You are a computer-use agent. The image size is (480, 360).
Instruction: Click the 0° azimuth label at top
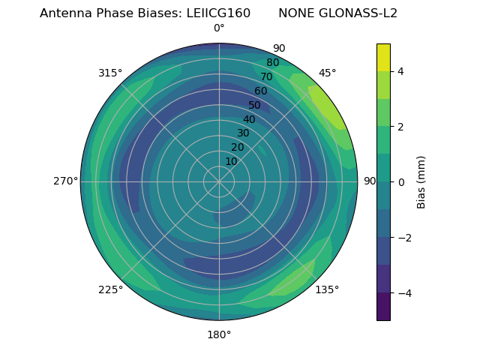pyautogui.click(x=219, y=28)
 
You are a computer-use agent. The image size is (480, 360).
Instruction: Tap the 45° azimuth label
pyautogui.click(x=327, y=73)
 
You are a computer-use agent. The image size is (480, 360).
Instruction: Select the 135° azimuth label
pyautogui.click(x=327, y=289)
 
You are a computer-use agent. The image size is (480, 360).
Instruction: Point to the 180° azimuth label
pyautogui.click(x=219, y=334)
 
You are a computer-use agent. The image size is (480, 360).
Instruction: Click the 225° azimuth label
pyautogui.click(x=110, y=289)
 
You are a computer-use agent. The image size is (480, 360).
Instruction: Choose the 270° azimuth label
pyautogui.click(x=65, y=181)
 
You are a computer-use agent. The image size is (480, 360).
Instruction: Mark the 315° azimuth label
pyautogui.click(x=110, y=73)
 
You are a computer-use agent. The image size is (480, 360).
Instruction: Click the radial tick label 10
pyautogui.click(x=231, y=161)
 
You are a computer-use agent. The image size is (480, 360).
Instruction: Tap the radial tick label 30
pyautogui.click(x=243, y=133)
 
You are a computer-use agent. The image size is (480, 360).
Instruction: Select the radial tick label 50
pyautogui.click(x=255, y=105)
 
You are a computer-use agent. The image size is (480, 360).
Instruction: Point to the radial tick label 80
pyautogui.click(x=273, y=63)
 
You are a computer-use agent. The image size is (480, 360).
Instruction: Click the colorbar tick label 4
pyautogui.click(x=401, y=71)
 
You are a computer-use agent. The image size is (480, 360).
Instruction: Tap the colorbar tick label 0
pyautogui.click(x=401, y=182)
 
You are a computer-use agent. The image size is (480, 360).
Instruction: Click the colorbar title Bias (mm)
pyautogui.click(x=421, y=182)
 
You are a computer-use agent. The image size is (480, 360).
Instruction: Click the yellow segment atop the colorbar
pyautogui.click(x=383, y=57)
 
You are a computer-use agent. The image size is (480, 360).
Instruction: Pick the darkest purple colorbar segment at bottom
pyautogui.click(x=383, y=306)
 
